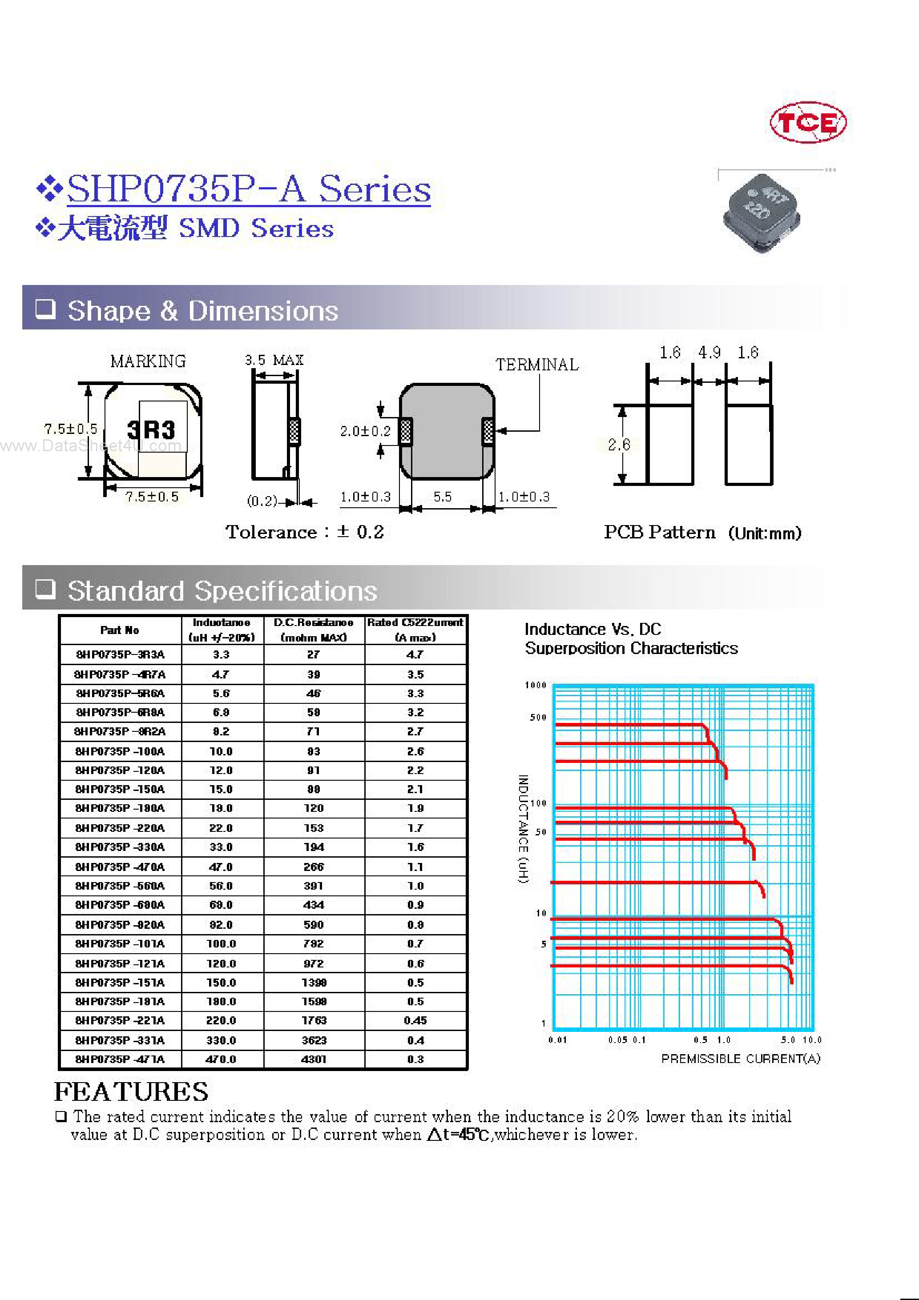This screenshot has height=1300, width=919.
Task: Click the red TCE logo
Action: (x=807, y=122)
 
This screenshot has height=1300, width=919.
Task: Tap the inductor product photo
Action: (x=761, y=213)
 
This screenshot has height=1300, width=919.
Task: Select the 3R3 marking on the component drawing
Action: (x=151, y=430)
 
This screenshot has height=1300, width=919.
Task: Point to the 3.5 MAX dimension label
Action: (x=274, y=360)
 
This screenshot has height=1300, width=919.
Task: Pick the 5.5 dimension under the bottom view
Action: (x=443, y=497)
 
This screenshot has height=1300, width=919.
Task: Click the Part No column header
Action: (x=120, y=630)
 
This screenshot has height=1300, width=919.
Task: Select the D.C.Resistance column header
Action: (x=313, y=623)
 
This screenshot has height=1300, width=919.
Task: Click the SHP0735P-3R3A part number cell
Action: (x=120, y=654)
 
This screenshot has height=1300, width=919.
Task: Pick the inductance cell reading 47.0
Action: (x=221, y=867)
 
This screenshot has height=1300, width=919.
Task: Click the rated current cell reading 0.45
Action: (x=415, y=1020)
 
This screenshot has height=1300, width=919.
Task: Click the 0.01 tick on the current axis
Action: (x=557, y=1040)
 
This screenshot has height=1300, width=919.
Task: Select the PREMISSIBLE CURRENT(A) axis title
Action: (x=740, y=1059)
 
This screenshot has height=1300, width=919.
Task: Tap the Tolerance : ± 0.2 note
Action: (x=304, y=532)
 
